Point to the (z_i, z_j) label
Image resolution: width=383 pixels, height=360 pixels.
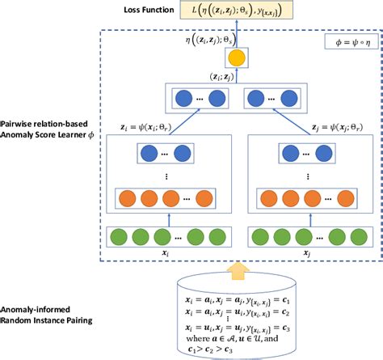click(x=213, y=77)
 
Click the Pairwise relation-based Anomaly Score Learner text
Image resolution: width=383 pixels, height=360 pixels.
click(x=45, y=129)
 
